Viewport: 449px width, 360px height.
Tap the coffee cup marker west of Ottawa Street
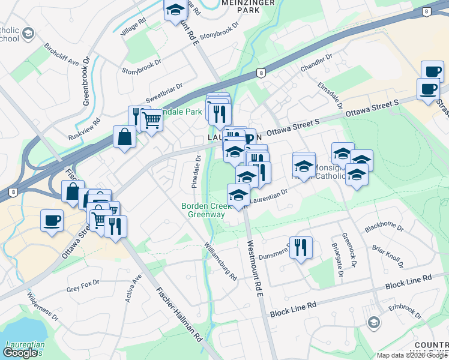pyautogui.click(x=52, y=220)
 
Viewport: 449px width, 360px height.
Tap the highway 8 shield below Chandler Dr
pyautogui.click(x=261, y=73)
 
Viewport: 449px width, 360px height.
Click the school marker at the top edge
pyautogui.click(x=175, y=10)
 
